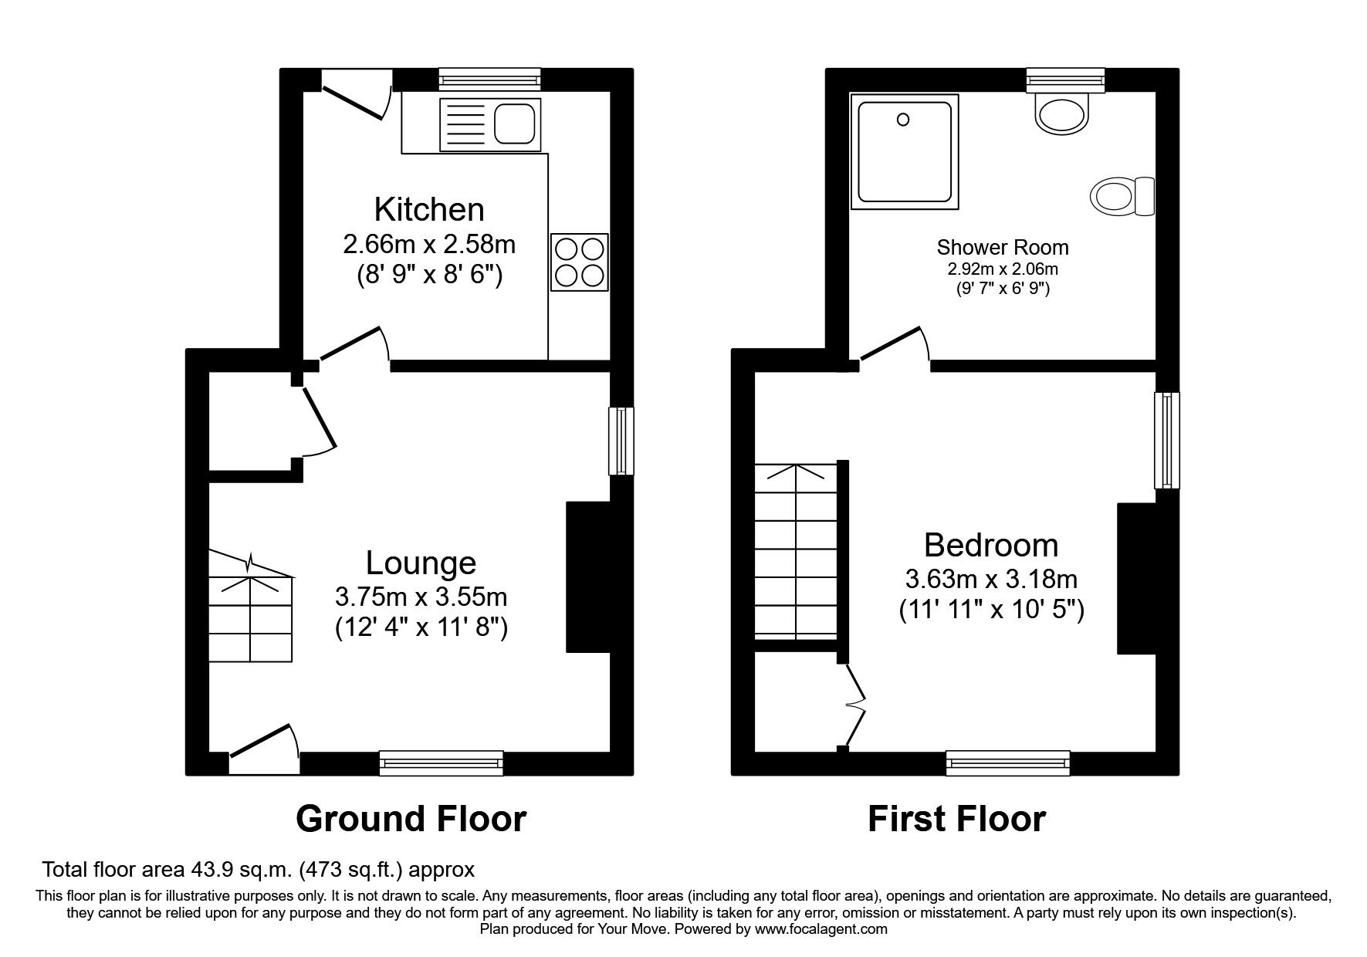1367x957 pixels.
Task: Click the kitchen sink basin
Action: point(513,124)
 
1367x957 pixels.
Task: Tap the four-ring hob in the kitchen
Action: point(579,262)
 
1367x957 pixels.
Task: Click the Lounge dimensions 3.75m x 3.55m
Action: point(421,597)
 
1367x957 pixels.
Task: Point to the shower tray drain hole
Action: point(903,120)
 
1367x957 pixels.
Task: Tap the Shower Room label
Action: point(1002,248)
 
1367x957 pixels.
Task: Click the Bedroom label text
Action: point(991,546)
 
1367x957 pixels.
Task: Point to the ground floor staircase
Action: point(251,614)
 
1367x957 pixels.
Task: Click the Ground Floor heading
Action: point(411,819)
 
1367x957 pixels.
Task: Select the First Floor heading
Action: point(956,819)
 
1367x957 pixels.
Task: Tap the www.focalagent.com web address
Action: point(821,929)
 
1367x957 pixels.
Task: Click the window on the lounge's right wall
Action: point(621,441)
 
